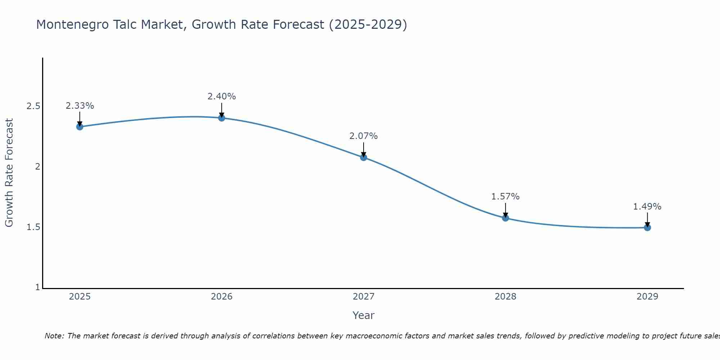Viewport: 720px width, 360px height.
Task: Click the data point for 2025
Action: click(x=80, y=127)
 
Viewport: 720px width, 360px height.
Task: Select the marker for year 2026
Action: click(x=222, y=118)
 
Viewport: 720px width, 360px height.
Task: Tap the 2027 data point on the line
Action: click(x=364, y=157)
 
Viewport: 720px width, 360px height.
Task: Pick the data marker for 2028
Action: click(x=505, y=218)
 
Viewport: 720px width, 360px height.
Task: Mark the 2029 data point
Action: click(x=647, y=228)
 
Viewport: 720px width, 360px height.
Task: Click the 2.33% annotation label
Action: click(x=80, y=106)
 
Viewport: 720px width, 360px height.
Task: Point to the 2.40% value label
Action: click(x=222, y=96)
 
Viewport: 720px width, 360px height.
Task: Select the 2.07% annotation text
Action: click(x=364, y=136)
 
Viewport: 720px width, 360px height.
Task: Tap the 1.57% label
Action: click(x=505, y=197)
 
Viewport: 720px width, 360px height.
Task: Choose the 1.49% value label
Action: click(x=647, y=207)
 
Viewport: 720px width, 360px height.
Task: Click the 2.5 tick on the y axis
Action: click(x=33, y=106)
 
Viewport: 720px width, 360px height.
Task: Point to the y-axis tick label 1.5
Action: click(x=33, y=227)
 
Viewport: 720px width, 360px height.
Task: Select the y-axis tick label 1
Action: click(x=37, y=288)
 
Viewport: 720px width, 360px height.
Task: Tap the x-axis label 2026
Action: click(x=222, y=297)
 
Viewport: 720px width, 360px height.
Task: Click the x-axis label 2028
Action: click(x=505, y=297)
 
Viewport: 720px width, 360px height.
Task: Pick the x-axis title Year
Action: click(x=364, y=315)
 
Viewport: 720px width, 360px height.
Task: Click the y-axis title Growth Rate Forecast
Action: click(x=9, y=173)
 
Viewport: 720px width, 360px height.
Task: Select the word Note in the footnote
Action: click(x=54, y=336)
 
